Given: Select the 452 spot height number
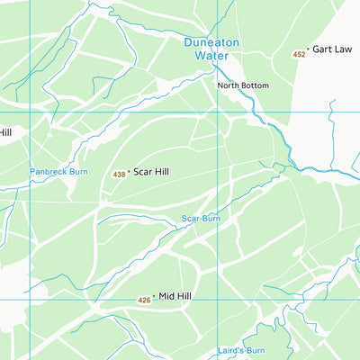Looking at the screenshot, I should pos(299,56).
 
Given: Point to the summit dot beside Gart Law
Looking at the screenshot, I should pos(308,49).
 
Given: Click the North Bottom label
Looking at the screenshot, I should pos(242,85).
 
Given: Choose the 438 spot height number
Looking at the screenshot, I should pos(118,174).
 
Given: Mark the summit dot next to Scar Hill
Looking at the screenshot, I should pos(128,171).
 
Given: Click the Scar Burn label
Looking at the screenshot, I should pos(200,218).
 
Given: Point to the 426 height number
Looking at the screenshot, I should pos(144,300).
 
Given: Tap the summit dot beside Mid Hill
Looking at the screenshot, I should pos(154,295).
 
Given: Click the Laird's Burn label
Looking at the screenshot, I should pos(241,350).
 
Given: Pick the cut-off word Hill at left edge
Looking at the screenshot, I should pos(4,132).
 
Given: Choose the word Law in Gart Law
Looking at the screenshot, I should pos(343,49).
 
